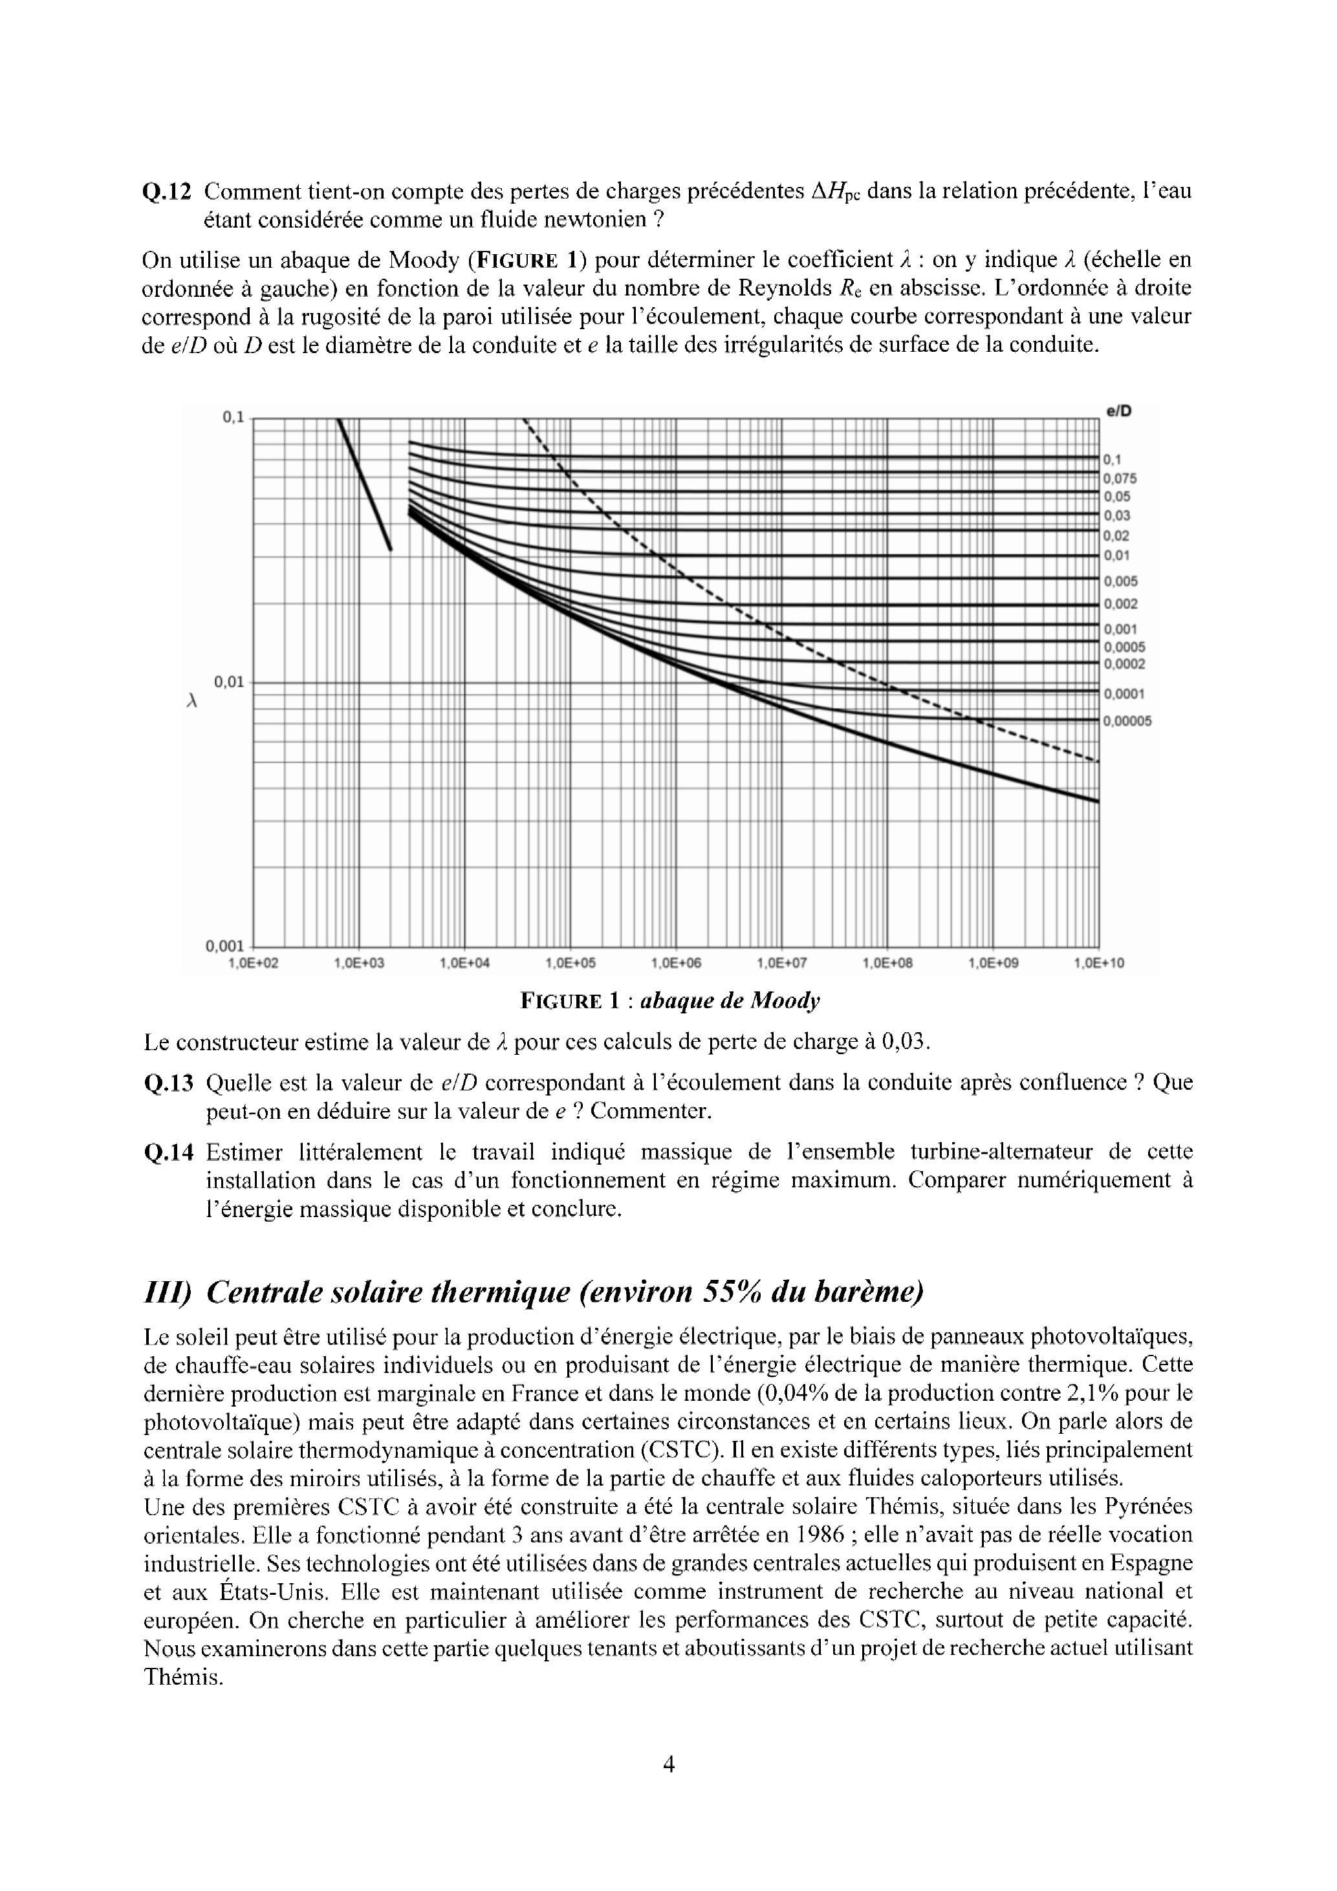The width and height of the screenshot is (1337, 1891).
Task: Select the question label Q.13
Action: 168,1082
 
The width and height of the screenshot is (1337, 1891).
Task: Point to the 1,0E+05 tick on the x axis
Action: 570,963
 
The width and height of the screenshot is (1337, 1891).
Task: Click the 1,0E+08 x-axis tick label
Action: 887,963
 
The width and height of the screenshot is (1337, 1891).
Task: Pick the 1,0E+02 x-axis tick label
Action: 253,963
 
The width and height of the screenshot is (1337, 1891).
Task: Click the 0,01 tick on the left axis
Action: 229,682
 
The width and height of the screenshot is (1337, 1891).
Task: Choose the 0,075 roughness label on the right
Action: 1120,479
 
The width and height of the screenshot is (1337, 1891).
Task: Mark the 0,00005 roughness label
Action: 1127,722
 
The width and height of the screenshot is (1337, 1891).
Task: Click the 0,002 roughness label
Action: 1120,603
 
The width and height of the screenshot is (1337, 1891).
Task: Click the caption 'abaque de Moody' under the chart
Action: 730,1002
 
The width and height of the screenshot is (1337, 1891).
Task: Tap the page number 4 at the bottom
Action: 668,1764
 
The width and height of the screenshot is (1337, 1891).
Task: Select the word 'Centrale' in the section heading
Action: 264,1292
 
